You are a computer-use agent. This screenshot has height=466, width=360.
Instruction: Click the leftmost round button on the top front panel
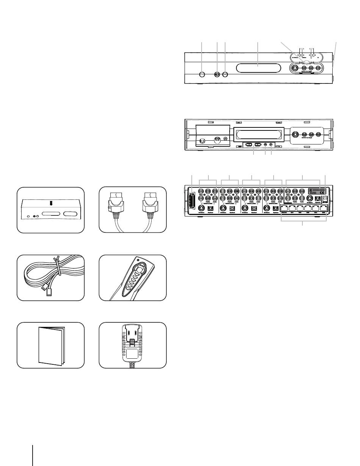(202, 75)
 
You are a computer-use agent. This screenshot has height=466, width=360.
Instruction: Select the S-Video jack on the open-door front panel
(295, 134)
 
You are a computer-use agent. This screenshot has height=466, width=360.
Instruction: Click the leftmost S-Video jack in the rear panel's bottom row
(200, 209)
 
